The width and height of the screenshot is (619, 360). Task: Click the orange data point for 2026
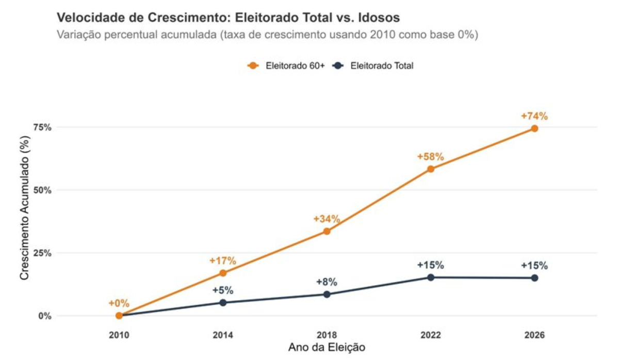coord(534,128)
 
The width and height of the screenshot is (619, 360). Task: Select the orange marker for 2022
coord(431,169)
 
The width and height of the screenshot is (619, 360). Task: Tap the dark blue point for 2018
coord(327,294)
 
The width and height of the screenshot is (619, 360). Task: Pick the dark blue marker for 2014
coord(223,303)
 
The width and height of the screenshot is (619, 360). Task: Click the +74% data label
coord(534,116)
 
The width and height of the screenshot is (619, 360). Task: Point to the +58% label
coord(431,157)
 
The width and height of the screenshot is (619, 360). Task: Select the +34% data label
coord(327,219)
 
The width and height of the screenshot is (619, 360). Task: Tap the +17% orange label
coord(223,260)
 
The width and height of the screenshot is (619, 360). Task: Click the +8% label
coord(327,282)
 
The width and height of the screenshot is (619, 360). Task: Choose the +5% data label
coord(223,290)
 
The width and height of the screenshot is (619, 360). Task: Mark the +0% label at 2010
coord(119,303)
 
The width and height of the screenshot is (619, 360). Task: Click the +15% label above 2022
coord(431,266)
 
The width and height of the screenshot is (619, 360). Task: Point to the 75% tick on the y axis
coord(43,127)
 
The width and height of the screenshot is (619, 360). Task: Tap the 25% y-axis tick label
coord(43,253)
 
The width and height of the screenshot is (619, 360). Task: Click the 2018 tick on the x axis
coord(327,335)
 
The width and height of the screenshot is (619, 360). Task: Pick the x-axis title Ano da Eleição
coord(327,348)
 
